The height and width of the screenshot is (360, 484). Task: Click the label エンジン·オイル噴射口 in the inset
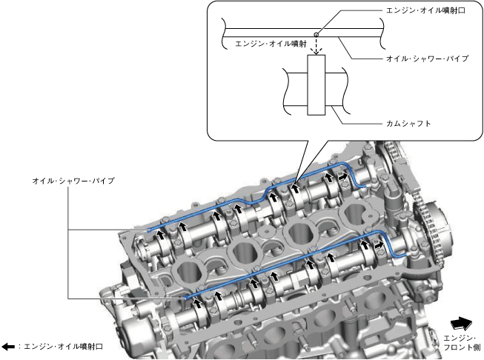click(425, 10)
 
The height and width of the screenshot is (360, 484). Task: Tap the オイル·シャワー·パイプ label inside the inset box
click(428, 59)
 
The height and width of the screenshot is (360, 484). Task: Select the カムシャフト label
click(408, 124)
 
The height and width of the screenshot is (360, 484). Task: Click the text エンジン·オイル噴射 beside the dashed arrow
click(271, 44)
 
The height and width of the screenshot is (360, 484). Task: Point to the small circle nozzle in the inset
click(316, 35)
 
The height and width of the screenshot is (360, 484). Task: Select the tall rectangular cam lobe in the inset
click(316, 85)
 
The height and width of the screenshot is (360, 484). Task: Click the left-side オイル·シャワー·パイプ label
click(73, 181)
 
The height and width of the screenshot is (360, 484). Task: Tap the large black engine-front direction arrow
click(461, 324)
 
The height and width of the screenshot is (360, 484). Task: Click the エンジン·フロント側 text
click(462, 343)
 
